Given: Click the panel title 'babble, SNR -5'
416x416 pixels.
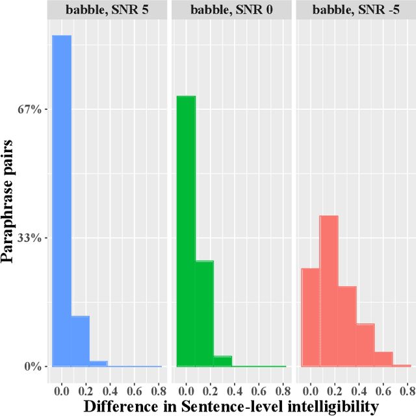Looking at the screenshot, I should pos(354,9).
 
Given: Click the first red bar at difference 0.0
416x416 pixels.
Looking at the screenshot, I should pos(311,317).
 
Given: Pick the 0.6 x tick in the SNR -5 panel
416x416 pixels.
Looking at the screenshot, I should pos(383,391).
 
